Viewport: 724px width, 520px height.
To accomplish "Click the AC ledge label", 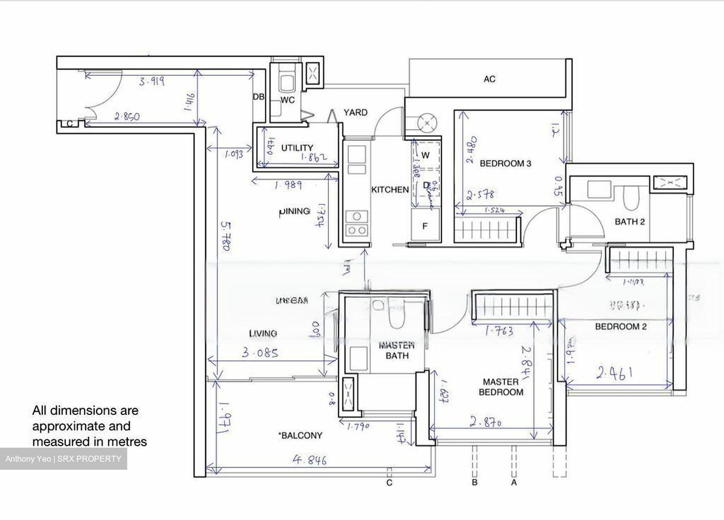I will click(x=489, y=79).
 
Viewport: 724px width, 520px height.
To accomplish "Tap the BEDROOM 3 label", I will click(x=505, y=163).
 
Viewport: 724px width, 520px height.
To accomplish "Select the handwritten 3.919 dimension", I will click(x=151, y=81).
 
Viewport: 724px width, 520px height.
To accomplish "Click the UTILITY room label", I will click(x=297, y=148).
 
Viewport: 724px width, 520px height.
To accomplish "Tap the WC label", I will click(x=287, y=100).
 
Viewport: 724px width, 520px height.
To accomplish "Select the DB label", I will click(x=258, y=97).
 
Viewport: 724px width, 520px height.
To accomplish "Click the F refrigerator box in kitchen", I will click(x=425, y=226).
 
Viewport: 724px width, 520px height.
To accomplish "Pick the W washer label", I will click(x=425, y=155).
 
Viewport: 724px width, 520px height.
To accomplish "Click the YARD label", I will click(x=355, y=113).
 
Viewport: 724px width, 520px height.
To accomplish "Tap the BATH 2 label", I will click(x=629, y=222).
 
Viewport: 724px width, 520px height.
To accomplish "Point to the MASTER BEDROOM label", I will click(x=501, y=387).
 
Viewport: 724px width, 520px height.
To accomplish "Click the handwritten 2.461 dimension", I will click(x=614, y=373).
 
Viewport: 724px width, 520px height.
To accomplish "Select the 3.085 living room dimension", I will click(x=260, y=353).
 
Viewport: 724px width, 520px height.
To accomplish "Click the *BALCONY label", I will click(x=300, y=436).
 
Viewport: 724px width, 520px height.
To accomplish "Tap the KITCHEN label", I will click(x=390, y=190).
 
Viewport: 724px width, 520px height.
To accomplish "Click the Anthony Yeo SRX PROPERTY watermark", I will click(x=63, y=459).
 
